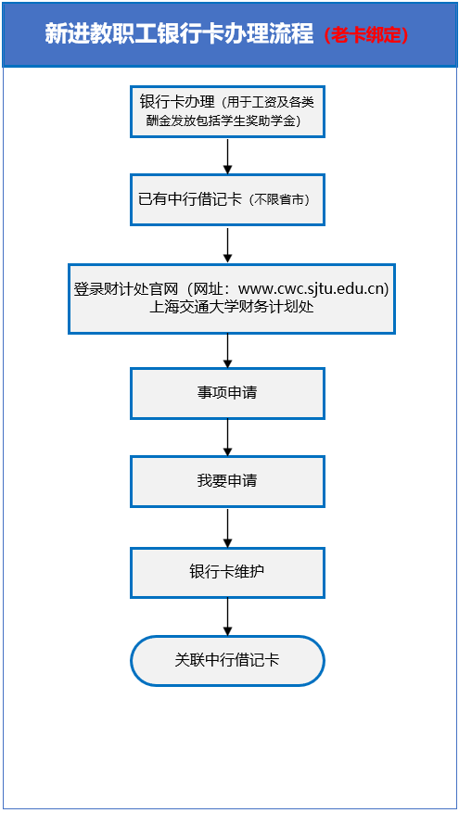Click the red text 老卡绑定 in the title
(367, 35)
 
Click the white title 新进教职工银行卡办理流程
(179, 34)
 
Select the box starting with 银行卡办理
(227, 111)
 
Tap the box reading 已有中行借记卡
(227, 199)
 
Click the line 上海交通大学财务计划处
(231, 306)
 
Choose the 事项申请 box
(227, 393)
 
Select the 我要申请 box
(227, 481)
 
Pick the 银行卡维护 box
(227, 572)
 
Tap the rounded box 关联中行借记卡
(227, 660)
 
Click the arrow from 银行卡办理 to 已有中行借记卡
(227, 155)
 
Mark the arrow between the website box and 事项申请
(227, 350)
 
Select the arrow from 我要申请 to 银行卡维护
(227, 527)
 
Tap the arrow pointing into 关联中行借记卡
(227, 616)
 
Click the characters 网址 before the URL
(212, 288)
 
